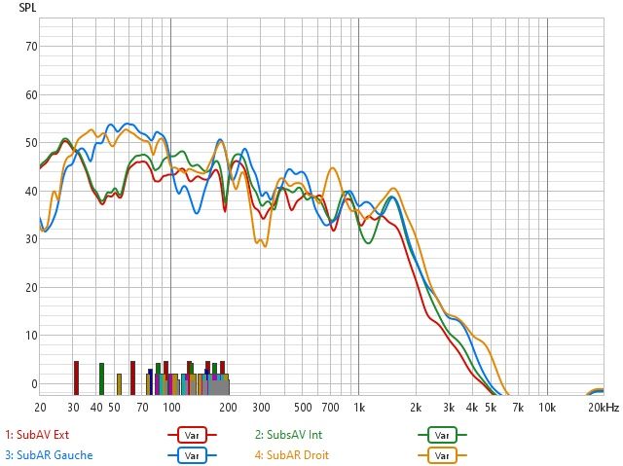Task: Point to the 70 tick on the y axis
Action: coord(31,47)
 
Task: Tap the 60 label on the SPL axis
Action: coord(31,94)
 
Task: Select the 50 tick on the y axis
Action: coord(31,143)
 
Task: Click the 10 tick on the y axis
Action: coord(31,336)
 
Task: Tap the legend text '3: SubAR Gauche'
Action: coord(48,454)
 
